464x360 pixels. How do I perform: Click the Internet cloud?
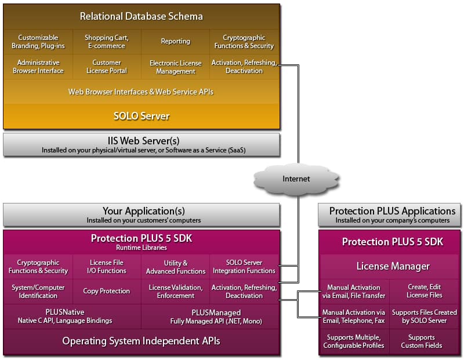pyautogui.click(x=296, y=179)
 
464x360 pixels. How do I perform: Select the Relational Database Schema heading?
pyautogui.click(x=142, y=16)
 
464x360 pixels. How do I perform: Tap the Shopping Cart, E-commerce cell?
pyautogui.click(x=107, y=42)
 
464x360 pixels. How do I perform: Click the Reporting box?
pyautogui.click(x=176, y=42)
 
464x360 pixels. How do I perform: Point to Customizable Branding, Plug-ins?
pyautogui.click(x=38, y=42)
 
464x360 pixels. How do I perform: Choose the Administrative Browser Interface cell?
pyautogui.click(x=38, y=67)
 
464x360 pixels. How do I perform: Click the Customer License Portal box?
pyautogui.click(x=107, y=67)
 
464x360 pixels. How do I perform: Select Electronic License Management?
pyautogui.click(x=176, y=67)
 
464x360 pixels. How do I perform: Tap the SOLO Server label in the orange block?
pyautogui.click(x=142, y=116)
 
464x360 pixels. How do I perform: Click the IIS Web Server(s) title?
pyautogui.click(x=142, y=141)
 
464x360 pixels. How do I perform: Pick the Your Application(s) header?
pyautogui.click(x=142, y=211)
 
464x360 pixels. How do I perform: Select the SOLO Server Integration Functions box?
pyautogui.click(x=244, y=267)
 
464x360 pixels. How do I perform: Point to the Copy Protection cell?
pyautogui.click(x=107, y=291)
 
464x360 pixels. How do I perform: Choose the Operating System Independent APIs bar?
pyautogui.click(x=142, y=341)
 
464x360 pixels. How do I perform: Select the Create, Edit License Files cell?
pyautogui.click(x=425, y=291)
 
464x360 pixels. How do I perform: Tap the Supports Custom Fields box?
pyautogui.click(x=425, y=341)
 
